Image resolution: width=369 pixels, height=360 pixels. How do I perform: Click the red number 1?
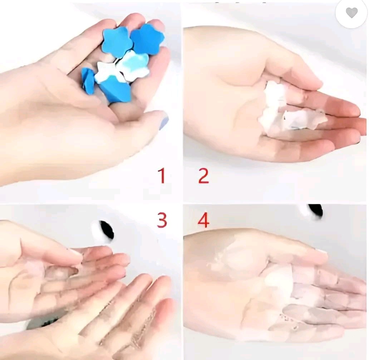point(162,175)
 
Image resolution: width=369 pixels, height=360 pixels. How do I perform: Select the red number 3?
point(162,220)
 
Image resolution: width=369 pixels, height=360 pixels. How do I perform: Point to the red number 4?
point(203,220)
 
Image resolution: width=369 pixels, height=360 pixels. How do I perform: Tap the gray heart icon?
point(351,12)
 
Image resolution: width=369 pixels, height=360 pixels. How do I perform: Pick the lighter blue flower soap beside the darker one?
point(115,42)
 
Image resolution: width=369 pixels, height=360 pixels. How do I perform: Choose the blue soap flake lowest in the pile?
point(115,90)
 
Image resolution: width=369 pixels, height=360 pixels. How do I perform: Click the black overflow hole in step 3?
point(107,230)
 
